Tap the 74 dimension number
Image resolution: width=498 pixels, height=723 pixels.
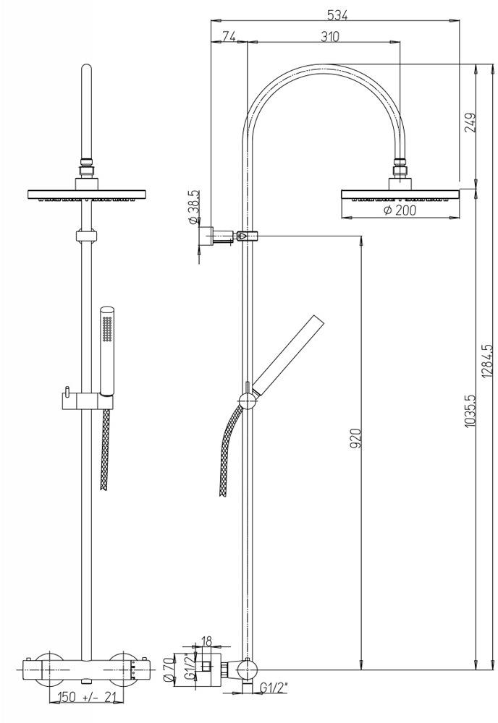229,36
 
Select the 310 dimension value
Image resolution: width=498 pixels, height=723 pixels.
330,36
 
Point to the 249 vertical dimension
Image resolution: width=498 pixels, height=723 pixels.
470,123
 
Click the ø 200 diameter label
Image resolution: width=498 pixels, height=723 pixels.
400,210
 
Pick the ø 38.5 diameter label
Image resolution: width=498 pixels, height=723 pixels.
193,207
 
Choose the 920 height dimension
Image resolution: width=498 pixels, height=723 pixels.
355,438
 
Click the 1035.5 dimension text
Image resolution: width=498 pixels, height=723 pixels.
470,411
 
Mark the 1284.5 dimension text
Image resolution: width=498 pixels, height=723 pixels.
487,361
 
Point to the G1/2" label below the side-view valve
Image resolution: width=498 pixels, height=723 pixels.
273,688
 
